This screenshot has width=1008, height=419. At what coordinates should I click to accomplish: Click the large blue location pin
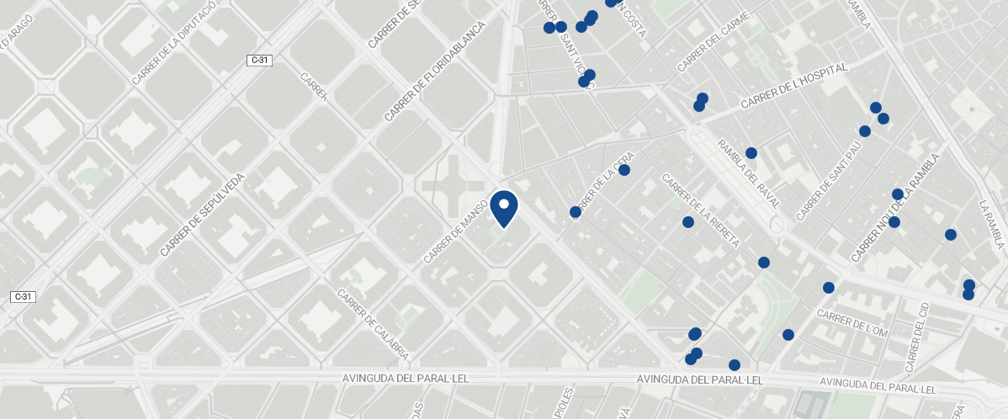pyautogui.click(x=504, y=208)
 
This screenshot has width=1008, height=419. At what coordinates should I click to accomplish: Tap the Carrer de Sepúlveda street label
pyautogui.click(x=203, y=214)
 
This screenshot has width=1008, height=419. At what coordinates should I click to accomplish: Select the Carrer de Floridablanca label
pyautogui.click(x=436, y=72)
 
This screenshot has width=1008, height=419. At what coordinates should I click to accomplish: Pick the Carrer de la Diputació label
pyautogui.click(x=174, y=42)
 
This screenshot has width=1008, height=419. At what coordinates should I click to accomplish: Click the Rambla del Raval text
pyautogui.click(x=749, y=176)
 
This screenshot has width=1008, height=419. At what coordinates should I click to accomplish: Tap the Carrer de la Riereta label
pyautogui.click(x=700, y=210)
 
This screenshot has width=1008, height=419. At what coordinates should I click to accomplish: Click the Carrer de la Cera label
pyautogui.click(x=602, y=183)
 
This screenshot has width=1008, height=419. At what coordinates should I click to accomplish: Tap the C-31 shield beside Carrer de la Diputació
pyautogui.click(x=259, y=60)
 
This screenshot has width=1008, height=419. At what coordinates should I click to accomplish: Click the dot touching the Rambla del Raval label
pyautogui.click(x=751, y=153)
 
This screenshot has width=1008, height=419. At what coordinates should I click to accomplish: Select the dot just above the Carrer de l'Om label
pyautogui.click(x=829, y=288)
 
